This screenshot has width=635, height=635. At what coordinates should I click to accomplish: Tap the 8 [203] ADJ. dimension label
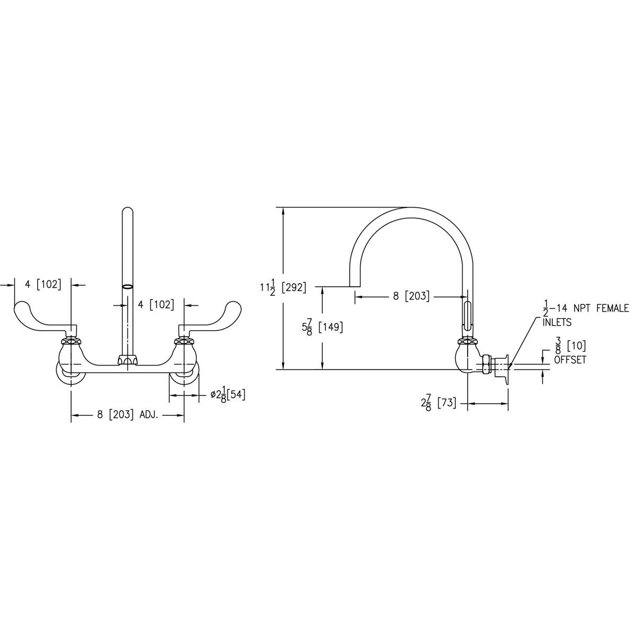[x=128, y=415]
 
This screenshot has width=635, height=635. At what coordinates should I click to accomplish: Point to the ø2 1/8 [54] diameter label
[x=228, y=395]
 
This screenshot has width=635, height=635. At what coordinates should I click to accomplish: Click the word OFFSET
[x=570, y=360]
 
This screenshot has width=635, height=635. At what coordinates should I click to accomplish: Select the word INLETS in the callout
[x=557, y=321]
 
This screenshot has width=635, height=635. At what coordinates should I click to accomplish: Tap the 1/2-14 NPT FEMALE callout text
[x=585, y=308]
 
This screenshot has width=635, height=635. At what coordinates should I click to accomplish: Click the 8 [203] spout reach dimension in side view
[x=411, y=296]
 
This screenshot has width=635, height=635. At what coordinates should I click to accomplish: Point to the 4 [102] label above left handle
[x=43, y=284]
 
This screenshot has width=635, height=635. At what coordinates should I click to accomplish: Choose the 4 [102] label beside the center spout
[x=156, y=305]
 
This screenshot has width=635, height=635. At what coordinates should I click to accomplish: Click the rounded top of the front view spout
[x=128, y=211]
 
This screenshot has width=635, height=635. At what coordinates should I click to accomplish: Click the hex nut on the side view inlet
[x=485, y=364]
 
